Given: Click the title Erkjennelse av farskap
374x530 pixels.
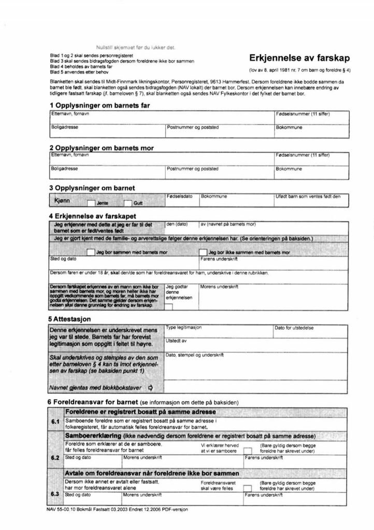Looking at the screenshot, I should pyautogui.click(x=300, y=58).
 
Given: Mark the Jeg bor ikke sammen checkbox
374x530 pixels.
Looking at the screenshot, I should pyautogui.click(x=204, y=252).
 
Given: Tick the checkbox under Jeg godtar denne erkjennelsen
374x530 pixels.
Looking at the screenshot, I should pyautogui.click(x=169, y=307).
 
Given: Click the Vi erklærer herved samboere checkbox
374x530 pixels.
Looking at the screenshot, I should pyautogui.click(x=248, y=451).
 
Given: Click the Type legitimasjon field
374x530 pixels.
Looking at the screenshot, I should pyautogui.click(x=218, y=332).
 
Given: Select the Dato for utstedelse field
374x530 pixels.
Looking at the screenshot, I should pyautogui.click(x=311, y=332).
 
